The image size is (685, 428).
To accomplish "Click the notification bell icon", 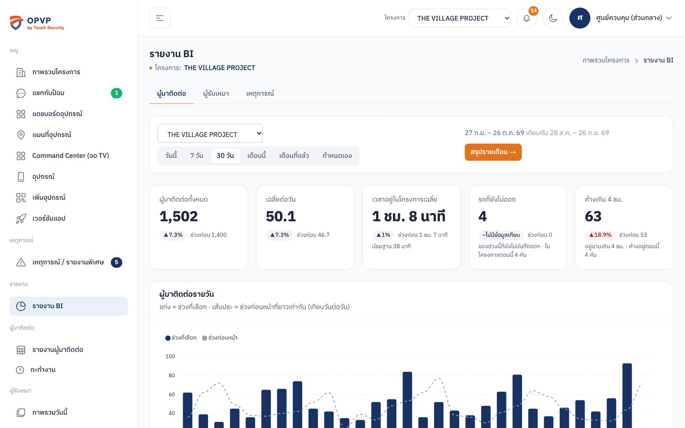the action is pos(526,18).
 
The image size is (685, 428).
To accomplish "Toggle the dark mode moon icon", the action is pos(553,18).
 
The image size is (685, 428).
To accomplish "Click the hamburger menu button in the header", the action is pos(160,18).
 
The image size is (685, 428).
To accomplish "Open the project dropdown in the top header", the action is pos(460,18).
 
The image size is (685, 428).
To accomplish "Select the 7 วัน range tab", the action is pos(197,156).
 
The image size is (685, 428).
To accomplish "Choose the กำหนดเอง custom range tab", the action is pos(337,156).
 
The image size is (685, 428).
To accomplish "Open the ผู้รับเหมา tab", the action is pos(216,94).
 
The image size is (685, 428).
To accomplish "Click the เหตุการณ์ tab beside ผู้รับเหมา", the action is pos(260,94).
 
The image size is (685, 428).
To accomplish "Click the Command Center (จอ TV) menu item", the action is pos(71,156).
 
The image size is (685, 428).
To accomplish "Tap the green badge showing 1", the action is pos(116,93).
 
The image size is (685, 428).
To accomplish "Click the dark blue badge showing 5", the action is pos(116,262).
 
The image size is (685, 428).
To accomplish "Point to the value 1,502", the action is pos(179,217).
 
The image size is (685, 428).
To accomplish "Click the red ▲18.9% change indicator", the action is pos(600,235).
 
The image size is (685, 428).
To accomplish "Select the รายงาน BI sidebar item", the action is pos(68,306).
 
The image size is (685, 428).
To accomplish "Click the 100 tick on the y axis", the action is pos(170,357).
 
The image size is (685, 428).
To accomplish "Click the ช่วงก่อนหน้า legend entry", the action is pos(220,338).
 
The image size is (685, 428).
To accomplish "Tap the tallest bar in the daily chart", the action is pos(627,395).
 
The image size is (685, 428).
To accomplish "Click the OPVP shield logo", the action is pos(16,23).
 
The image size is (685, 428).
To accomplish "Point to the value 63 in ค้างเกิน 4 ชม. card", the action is pos(593,217).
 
